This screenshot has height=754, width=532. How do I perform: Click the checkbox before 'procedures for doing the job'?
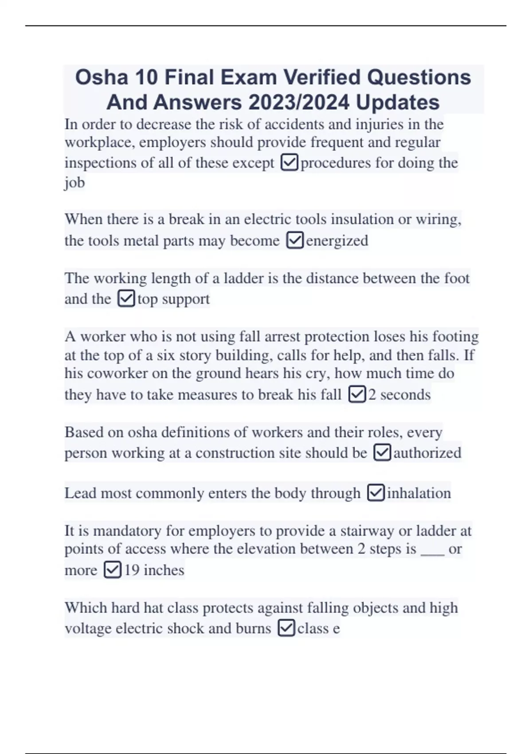pyautogui.click(x=289, y=163)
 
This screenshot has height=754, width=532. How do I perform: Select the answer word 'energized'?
pyautogui.click(x=337, y=241)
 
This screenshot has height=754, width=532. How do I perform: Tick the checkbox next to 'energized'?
pyautogui.click(x=295, y=241)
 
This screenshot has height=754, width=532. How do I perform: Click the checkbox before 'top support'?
pyautogui.click(x=126, y=299)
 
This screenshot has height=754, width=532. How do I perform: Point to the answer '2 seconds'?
pyautogui.click(x=399, y=395)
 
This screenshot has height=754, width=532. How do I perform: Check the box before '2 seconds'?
pyautogui.click(x=357, y=395)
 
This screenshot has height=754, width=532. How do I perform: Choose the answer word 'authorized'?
pyautogui.click(x=427, y=453)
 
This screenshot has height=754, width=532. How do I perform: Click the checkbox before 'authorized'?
pyautogui.click(x=383, y=453)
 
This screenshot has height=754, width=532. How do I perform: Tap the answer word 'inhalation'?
pyautogui.click(x=419, y=493)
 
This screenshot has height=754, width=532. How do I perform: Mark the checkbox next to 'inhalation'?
pyautogui.click(x=376, y=493)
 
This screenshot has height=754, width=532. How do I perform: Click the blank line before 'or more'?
pyautogui.click(x=432, y=550)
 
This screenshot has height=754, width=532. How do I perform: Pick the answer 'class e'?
pyautogui.click(x=318, y=628)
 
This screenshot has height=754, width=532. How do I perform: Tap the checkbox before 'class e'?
pyautogui.click(x=286, y=628)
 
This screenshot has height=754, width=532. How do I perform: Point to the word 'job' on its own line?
pyautogui.click(x=74, y=183)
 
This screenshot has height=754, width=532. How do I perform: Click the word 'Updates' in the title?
pyautogui.click(x=397, y=103)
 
